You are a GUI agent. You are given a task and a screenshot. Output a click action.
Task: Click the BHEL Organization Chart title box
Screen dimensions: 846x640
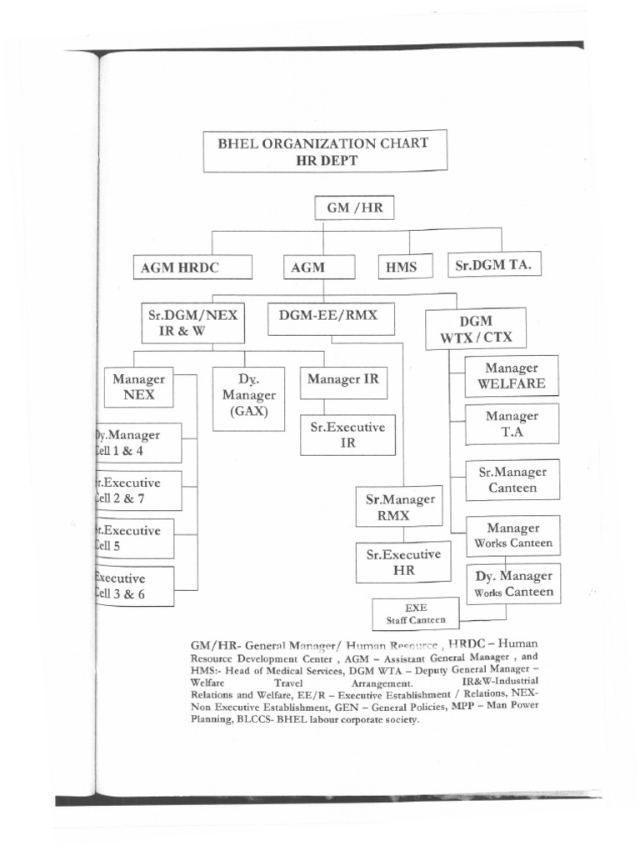click(325, 151)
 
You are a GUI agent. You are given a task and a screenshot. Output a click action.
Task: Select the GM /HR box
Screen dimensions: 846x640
click(354, 208)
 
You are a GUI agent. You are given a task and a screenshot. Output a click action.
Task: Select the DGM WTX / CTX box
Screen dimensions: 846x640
click(475, 328)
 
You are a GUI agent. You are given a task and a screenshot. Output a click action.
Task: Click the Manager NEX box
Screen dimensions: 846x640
click(138, 387)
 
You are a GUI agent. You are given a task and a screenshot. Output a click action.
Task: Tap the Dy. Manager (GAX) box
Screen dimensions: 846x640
click(248, 399)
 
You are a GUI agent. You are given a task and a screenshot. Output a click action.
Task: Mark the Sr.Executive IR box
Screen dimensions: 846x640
click(347, 435)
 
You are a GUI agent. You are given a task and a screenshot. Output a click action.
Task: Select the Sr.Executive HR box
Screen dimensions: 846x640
click(398, 562)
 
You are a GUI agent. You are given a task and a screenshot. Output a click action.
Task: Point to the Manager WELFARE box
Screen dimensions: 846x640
click(512, 376)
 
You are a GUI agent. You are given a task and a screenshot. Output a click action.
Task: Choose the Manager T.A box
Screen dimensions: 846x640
click(512, 424)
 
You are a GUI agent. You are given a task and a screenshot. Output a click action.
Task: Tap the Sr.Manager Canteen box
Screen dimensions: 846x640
click(512, 479)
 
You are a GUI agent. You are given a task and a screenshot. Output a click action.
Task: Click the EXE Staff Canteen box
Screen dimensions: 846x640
click(415, 613)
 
